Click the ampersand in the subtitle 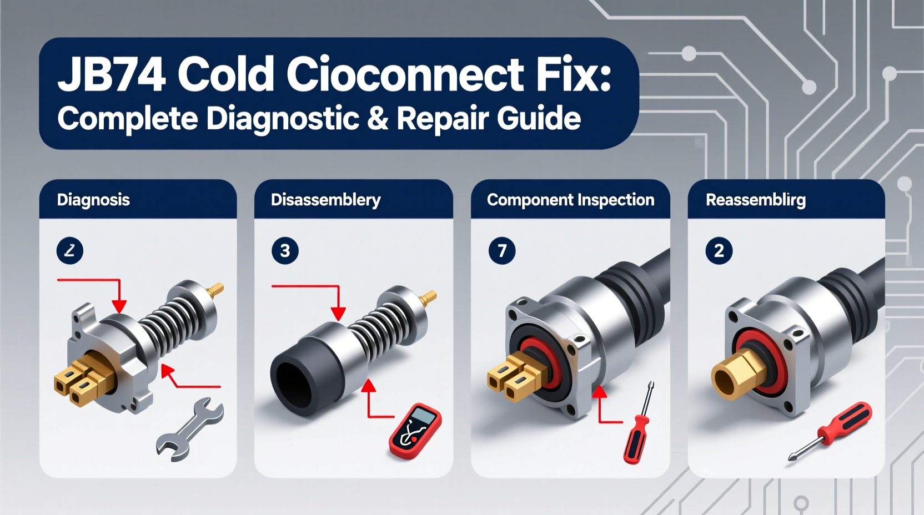click(378, 118)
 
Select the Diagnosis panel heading click(93, 200)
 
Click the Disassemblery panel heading click(325, 200)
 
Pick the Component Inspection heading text click(570, 200)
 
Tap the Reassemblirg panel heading click(755, 200)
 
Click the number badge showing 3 click(285, 251)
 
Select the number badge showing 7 click(502, 251)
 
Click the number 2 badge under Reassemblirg click(719, 251)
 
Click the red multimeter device click(416, 431)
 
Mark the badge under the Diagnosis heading click(70, 251)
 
